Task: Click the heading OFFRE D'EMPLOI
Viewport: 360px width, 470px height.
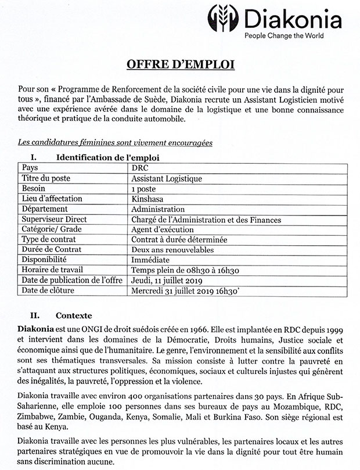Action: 180,64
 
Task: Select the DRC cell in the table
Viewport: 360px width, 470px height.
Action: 140,168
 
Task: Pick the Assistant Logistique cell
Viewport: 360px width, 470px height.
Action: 167,178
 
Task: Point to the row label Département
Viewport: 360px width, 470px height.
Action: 45,209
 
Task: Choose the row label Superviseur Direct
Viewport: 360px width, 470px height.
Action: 54,220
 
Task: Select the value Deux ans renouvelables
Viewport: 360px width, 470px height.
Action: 172,250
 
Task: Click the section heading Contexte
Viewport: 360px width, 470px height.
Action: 74,316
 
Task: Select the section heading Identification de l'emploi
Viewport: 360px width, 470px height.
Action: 107,157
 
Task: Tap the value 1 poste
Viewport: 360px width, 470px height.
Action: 144,189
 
